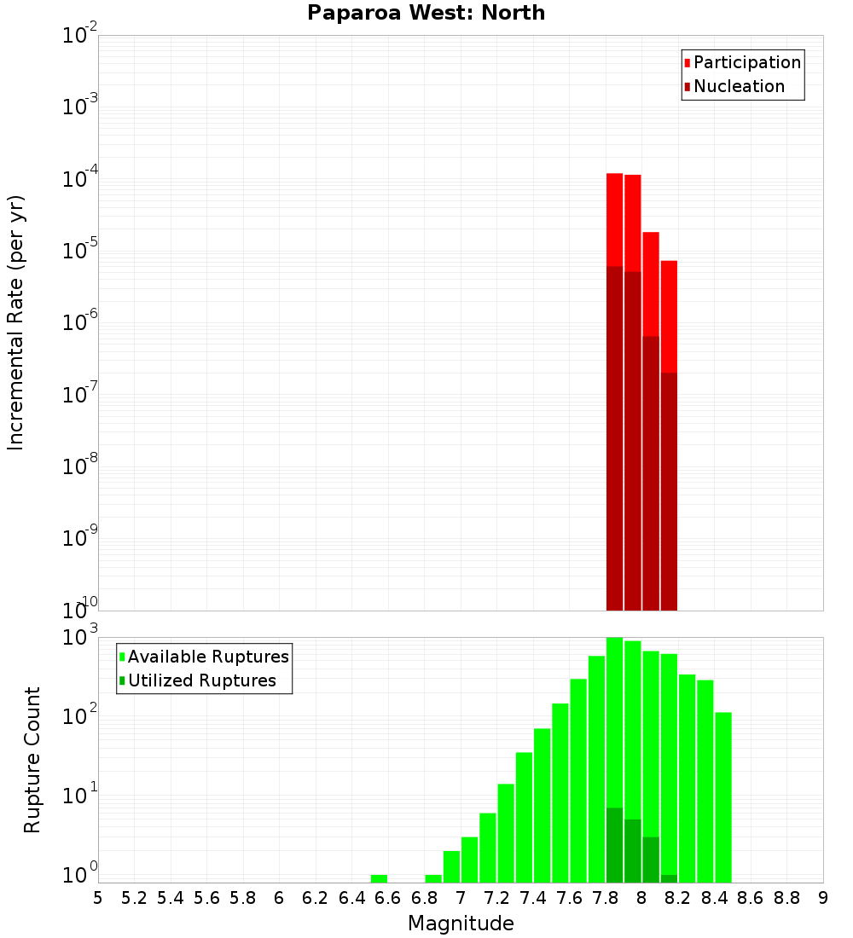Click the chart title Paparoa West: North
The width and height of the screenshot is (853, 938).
point(426,13)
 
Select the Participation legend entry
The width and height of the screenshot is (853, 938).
point(747,62)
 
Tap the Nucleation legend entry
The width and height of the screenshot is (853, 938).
point(739,86)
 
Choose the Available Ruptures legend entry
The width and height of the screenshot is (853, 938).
point(208,657)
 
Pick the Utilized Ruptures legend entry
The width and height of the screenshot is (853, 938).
point(201,680)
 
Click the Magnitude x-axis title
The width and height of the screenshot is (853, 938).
point(461,924)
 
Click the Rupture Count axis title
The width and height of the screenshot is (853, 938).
point(32,760)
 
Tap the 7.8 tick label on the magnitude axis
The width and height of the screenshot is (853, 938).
point(606,897)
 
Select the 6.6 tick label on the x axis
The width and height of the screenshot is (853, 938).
point(388,897)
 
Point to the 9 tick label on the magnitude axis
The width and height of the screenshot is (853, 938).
point(822,897)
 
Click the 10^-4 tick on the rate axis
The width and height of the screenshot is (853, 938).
point(80,179)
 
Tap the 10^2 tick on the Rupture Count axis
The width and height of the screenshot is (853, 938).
point(80,715)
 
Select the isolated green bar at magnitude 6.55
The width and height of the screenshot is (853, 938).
point(379,878)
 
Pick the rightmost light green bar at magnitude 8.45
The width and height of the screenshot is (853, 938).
point(723,797)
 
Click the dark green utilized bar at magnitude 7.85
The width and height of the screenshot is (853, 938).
point(614,844)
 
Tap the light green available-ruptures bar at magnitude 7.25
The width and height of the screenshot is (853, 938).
point(506,832)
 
